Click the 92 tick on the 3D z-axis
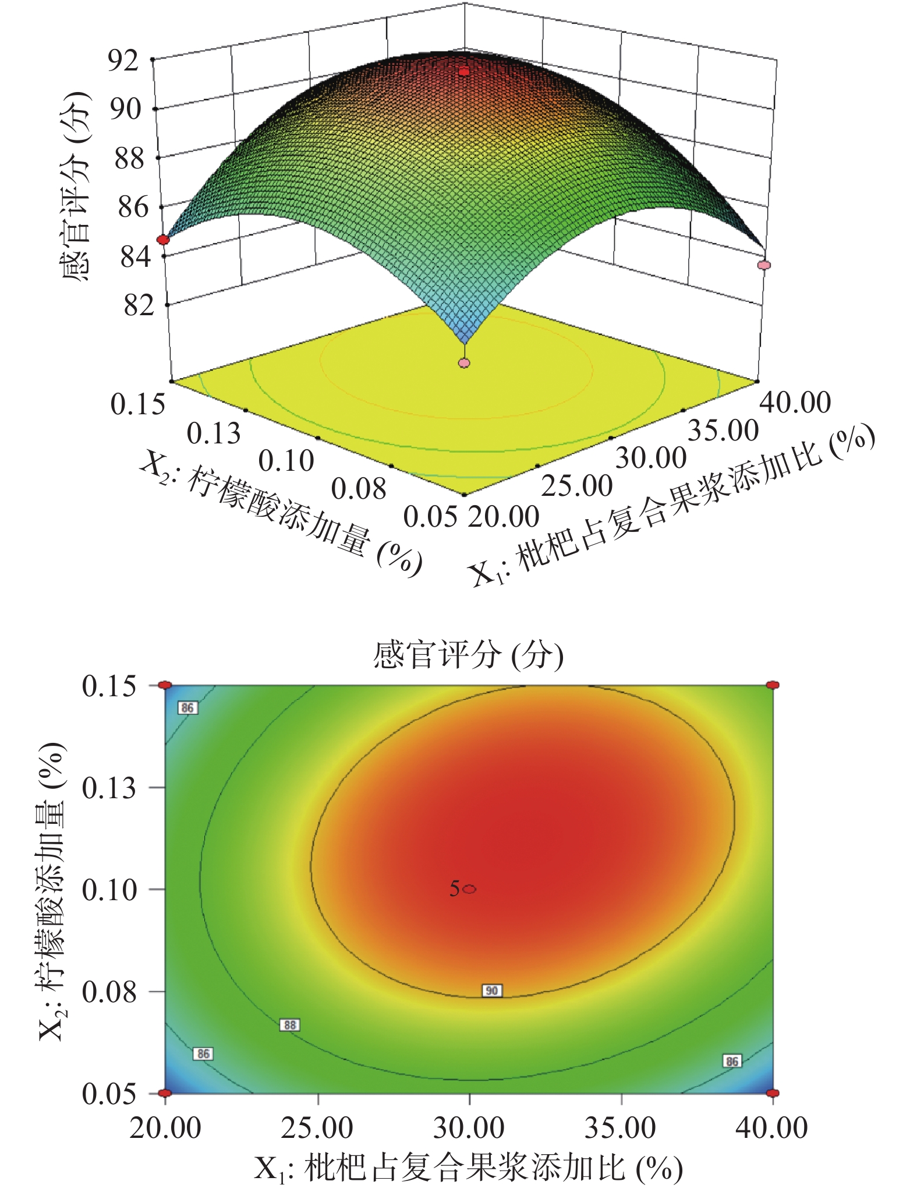point(123,60)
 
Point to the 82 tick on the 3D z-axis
point(139,305)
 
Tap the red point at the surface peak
point(464,72)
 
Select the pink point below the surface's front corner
point(464,363)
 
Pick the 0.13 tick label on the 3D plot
point(214,434)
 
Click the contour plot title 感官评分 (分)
point(468,655)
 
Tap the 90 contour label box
point(492,990)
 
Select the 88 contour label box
point(290,1025)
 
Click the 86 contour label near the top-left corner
point(187,708)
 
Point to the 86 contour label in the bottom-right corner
point(732,1061)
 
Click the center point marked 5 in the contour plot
point(470,889)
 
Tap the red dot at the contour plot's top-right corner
point(773,685)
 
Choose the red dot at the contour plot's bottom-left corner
point(165,1093)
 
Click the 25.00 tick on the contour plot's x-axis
point(317,1129)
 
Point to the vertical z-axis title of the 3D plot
point(76,186)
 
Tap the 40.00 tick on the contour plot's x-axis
point(772,1129)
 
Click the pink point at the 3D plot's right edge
point(764,265)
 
